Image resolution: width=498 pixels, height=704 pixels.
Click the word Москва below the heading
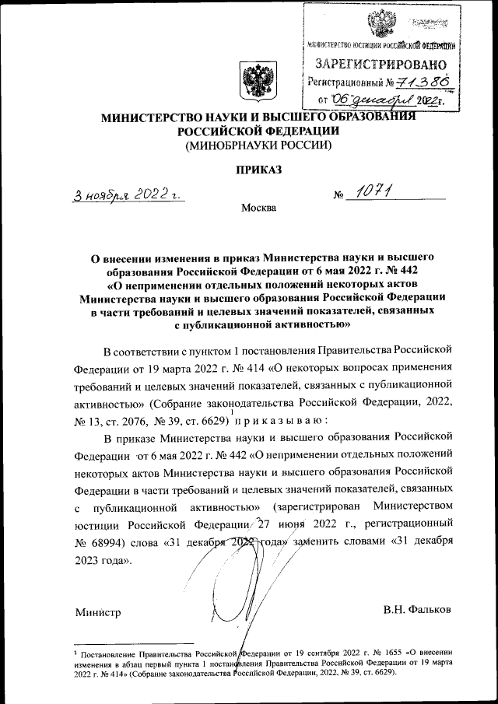(258, 208)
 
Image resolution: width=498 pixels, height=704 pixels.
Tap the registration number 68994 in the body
(110, 541)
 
